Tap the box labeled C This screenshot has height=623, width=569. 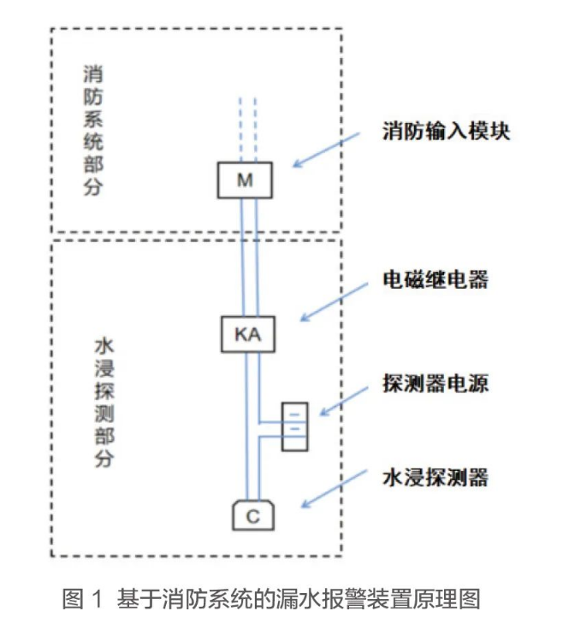point(252,515)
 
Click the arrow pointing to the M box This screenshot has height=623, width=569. point(325,150)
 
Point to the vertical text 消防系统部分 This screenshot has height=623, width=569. point(93,129)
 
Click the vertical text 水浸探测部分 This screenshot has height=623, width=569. point(104,403)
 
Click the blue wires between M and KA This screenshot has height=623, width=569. point(246,256)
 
